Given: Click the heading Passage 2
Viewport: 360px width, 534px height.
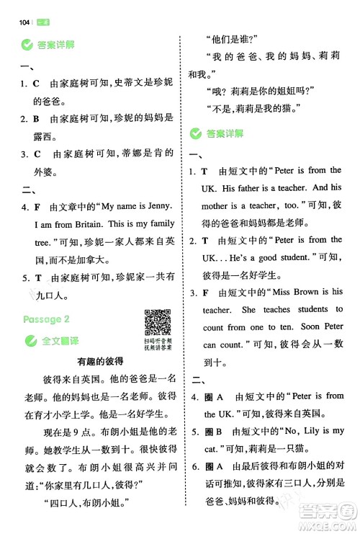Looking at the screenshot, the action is coord(46,319).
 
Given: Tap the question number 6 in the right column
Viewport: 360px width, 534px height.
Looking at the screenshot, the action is coord(193,466).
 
